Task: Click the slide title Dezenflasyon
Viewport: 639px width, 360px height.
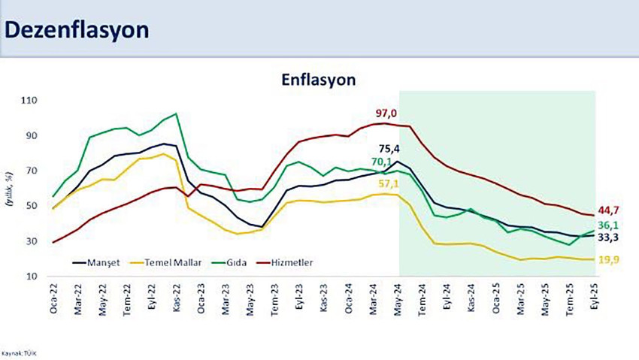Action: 76,29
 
